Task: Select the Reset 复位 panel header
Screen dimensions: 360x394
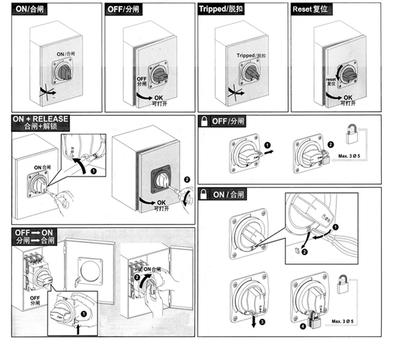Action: coord(310,9)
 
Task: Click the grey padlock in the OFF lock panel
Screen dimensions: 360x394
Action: coord(351,133)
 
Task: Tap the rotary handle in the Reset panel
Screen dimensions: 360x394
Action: coord(349,75)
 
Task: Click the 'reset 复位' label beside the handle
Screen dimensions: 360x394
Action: coord(331,81)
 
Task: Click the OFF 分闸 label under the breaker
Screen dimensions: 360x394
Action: coord(35,300)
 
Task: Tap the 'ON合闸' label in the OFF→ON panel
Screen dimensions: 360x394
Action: coord(152,269)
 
